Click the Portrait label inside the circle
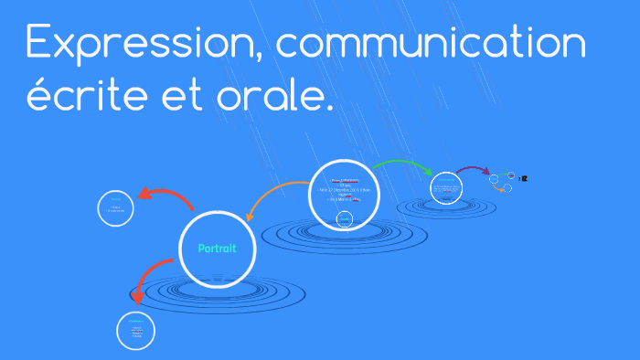(x=217, y=249)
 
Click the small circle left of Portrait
(x=116, y=208)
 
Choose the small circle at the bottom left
(x=137, y=330)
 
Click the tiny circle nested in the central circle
(x=345, y=218)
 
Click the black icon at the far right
(x=525, y=178)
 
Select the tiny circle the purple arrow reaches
(x=494, y=177)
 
